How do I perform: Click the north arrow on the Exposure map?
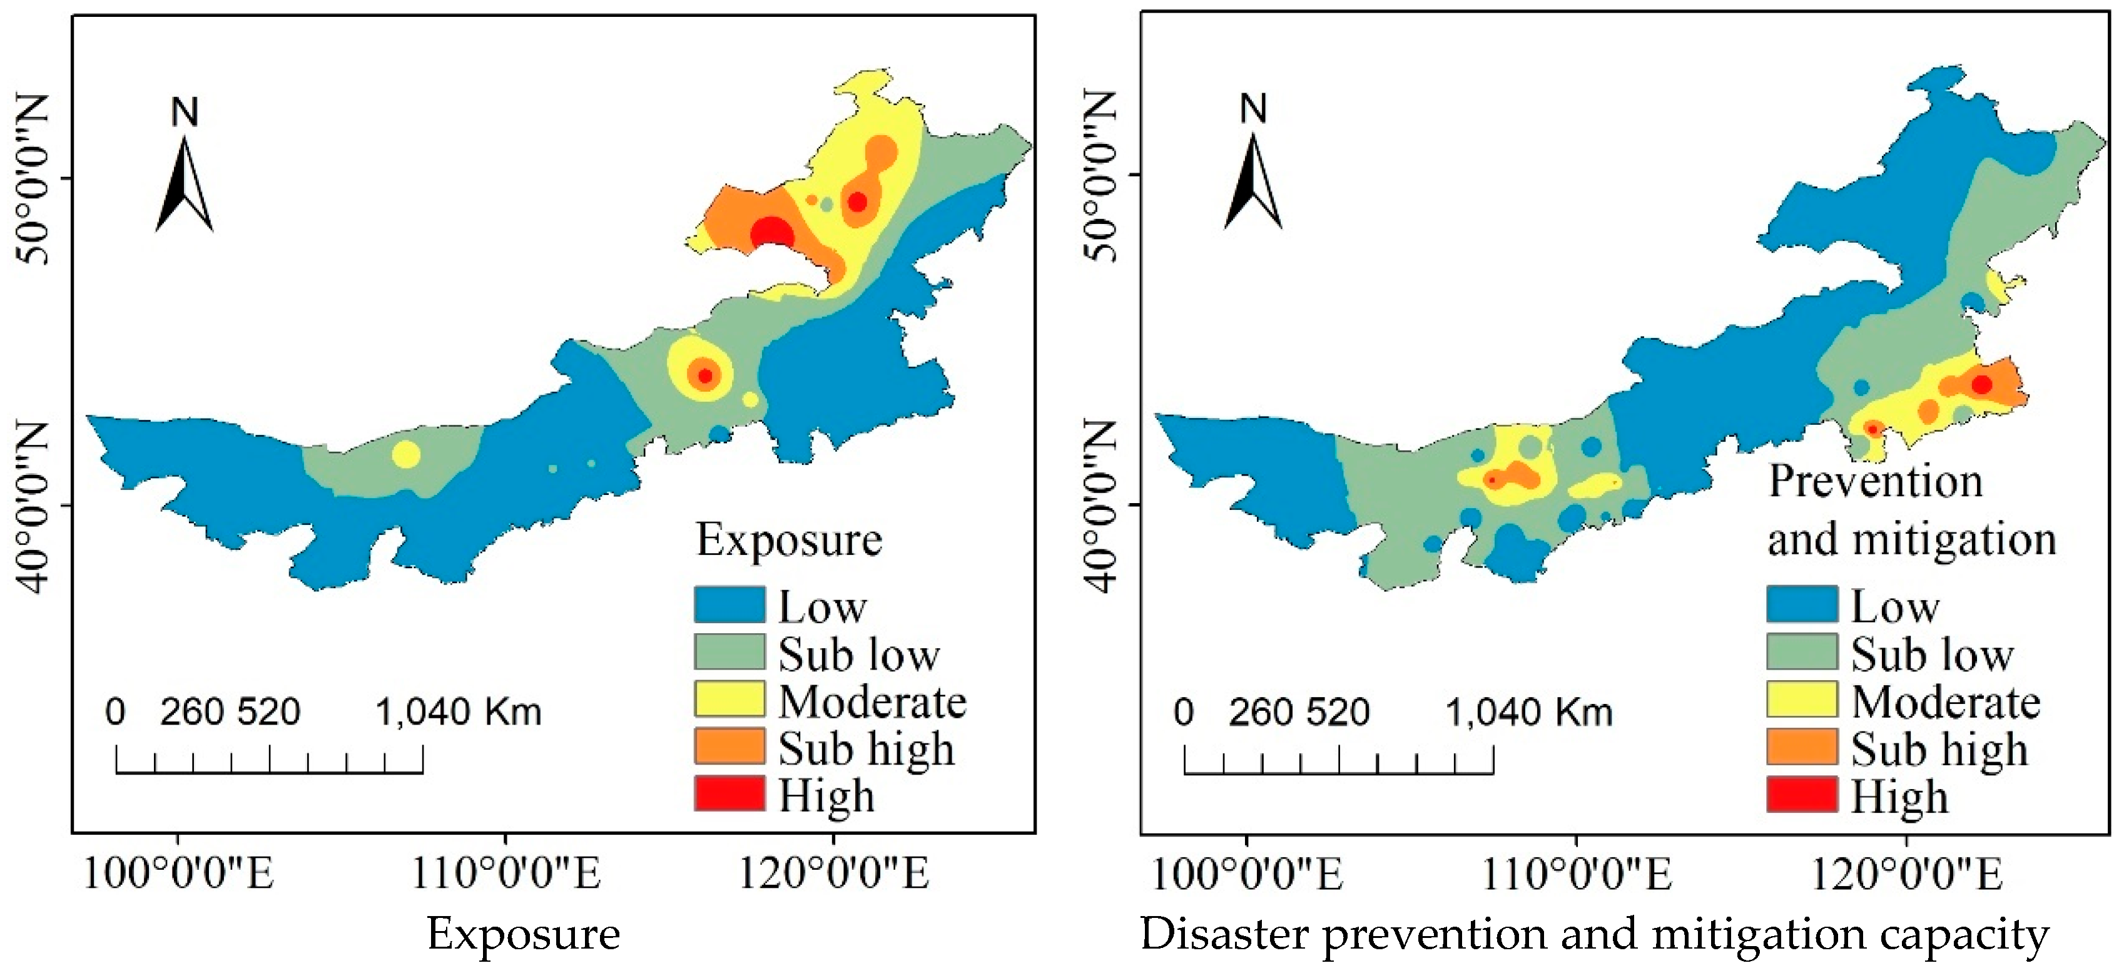click(185, 183)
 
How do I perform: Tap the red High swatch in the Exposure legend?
click(729, 793)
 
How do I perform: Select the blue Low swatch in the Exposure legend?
click(729, 604)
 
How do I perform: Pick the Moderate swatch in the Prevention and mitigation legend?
click(1802, 700)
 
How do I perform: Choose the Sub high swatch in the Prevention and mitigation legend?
click(1802, 746)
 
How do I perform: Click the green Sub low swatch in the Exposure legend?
click(729, 651)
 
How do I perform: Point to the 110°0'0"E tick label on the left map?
click(506, 872)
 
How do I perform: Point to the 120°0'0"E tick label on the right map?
click(1906, 872)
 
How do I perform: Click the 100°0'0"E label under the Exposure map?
click(178, 872)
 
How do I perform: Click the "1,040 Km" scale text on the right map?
click(1528, 711)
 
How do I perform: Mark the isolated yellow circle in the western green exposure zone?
click(405, 454)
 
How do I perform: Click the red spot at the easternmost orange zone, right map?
click(1981, 384)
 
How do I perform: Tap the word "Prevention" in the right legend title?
click(1876, 482)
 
